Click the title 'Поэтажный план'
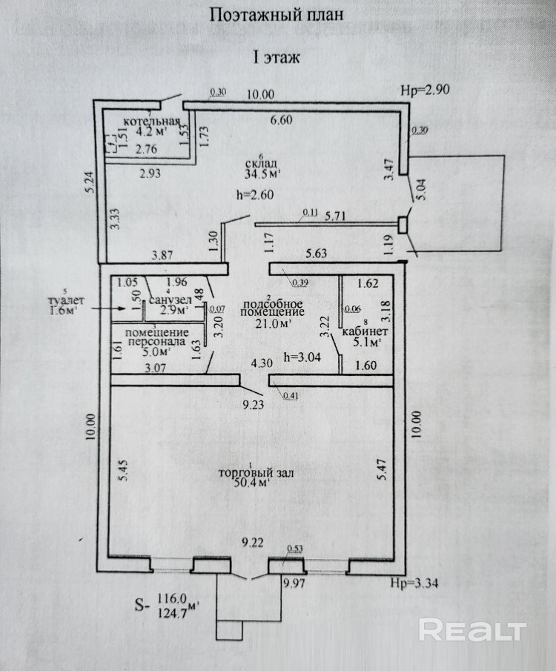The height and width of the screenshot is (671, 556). [x=277, y=15]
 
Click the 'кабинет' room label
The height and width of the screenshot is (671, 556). [x=360, y=331]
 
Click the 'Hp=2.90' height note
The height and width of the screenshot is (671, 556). [x=425, y=90]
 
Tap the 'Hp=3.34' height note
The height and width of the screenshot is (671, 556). [x=414, y=582]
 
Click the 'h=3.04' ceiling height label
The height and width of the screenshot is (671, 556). [x=302, y=357]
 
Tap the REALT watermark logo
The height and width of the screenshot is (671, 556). [x=472, y=630]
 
